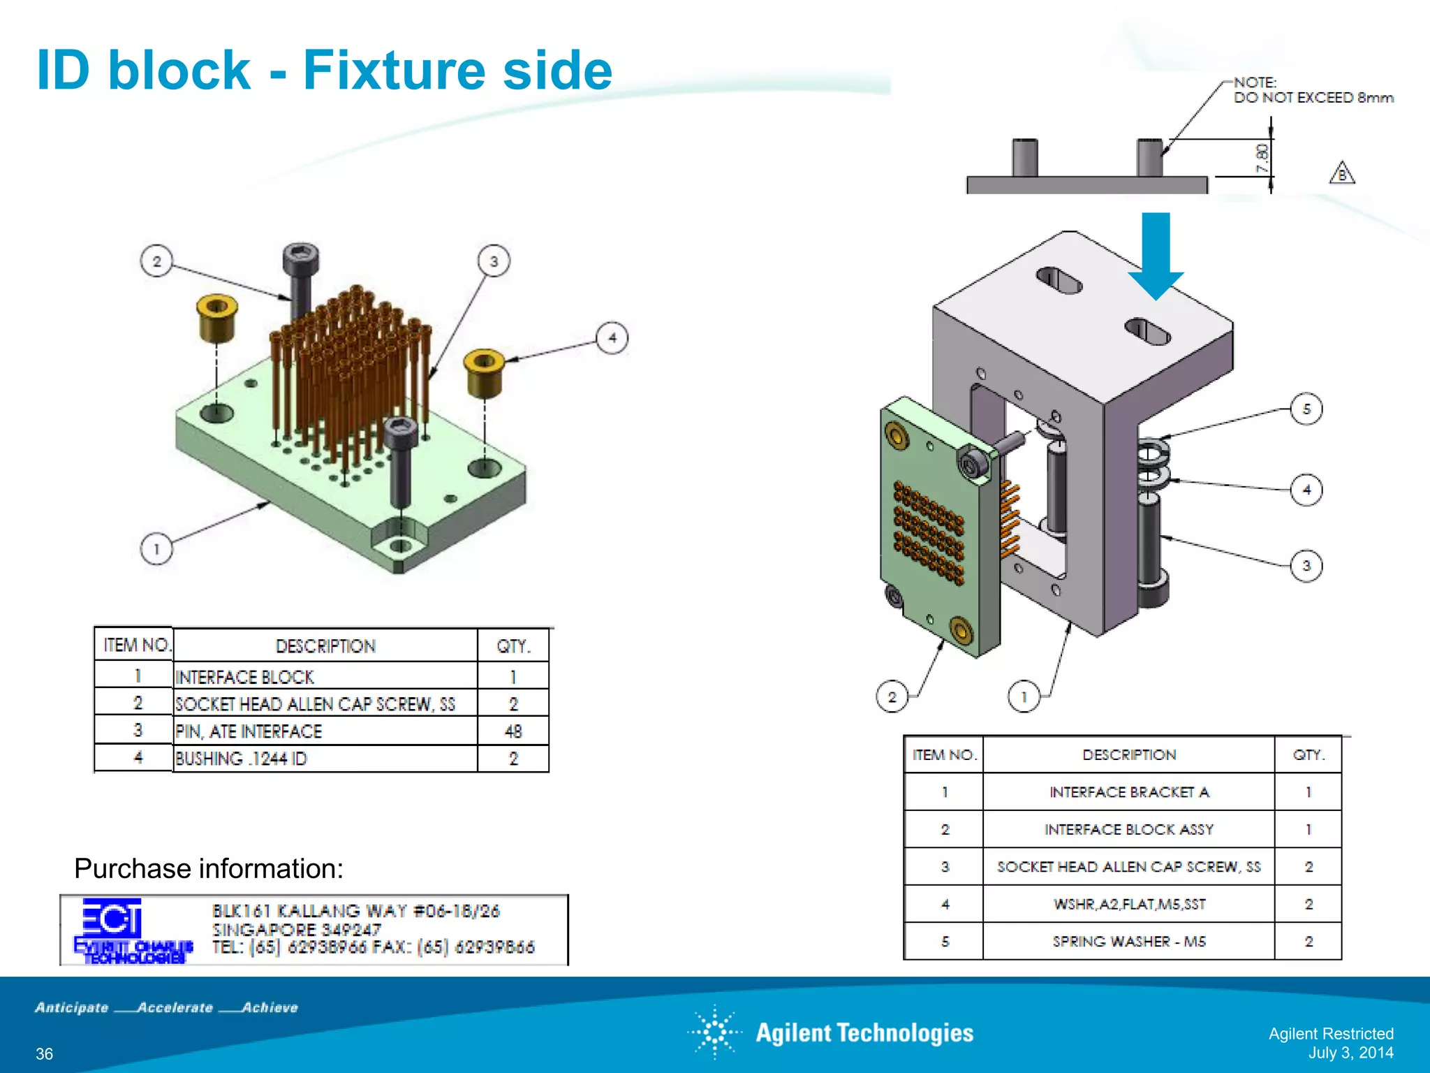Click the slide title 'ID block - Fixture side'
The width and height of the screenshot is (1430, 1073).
click(324, 70)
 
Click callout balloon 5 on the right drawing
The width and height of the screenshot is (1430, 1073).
click(1306, 409)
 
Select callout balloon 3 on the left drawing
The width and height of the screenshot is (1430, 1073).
click(494, 261)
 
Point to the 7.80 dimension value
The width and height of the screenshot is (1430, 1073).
click(1262, 159)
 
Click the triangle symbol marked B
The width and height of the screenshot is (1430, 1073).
click(1341, 174)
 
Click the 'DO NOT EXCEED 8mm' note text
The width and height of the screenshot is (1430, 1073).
click(1313, 98)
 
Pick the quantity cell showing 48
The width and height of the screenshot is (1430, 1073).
click(513, 731)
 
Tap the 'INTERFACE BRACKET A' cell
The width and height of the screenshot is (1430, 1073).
click(1128, 792)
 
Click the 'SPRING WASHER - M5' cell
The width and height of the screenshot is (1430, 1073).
click(1128, 942)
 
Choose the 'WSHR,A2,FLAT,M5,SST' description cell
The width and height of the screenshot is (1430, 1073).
click(1128, 904)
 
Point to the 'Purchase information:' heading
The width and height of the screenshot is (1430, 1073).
click(209, 868)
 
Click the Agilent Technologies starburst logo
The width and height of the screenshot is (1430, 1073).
click(715, 1032)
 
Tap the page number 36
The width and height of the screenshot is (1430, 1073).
click(44, 1053)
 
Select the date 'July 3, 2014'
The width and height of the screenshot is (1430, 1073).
click(1350, 1053)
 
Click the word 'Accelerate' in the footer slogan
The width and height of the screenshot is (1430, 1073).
click(175, 1007)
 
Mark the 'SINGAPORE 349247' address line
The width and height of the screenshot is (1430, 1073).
click(297, 930)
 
